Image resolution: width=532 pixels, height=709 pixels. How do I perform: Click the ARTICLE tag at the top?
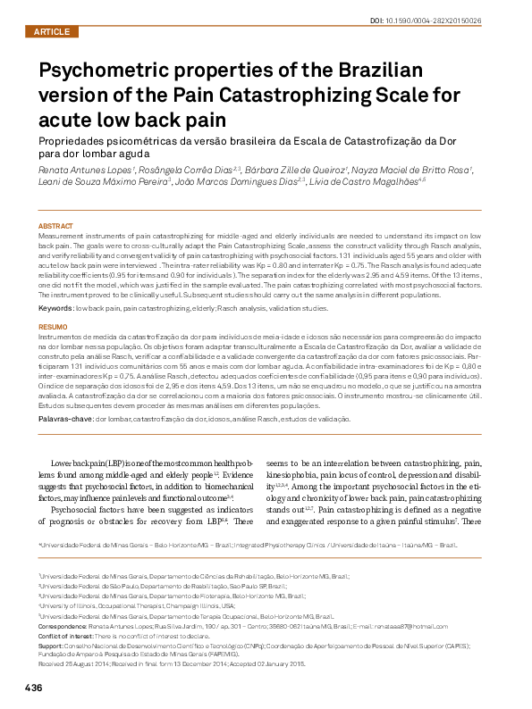coord(50,31)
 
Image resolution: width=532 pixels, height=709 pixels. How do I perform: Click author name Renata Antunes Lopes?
coord(72,169)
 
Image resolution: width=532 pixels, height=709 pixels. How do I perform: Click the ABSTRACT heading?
coord(55,226)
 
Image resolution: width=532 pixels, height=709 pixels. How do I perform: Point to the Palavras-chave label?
coord(65,418)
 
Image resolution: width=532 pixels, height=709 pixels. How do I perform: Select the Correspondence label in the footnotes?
coord(61,628)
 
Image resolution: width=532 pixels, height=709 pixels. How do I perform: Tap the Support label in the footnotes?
coord(50,645)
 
